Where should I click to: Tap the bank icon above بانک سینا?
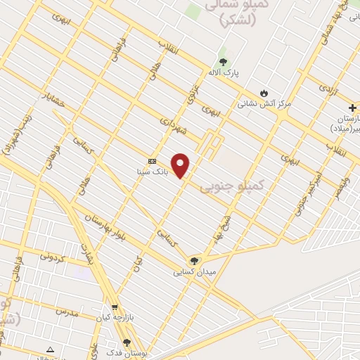pos(152,161)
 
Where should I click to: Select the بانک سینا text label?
pos(152,171)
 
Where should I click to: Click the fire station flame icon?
pos(264,93)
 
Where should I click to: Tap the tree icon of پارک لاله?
pos(223,63)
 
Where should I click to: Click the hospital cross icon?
pos(352,108)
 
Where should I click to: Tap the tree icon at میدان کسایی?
pos(195,260)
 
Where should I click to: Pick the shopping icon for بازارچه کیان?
pos(115,307)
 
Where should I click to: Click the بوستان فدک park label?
pos(127,353)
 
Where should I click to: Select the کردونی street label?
pos(51,257)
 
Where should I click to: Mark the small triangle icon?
pos(50,349)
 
